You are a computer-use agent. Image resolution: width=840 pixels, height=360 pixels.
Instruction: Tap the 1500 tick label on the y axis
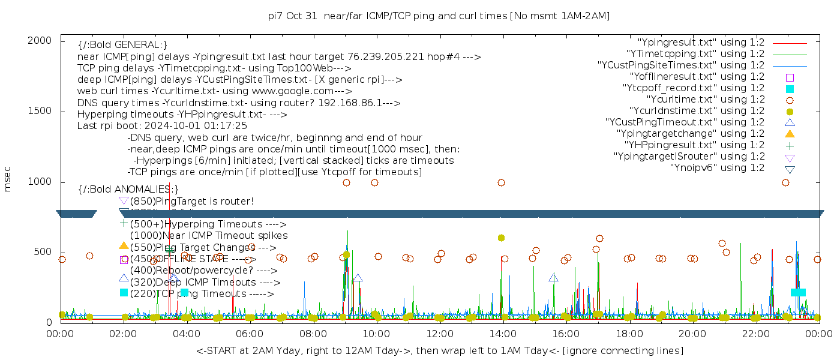click(x=41, y=111)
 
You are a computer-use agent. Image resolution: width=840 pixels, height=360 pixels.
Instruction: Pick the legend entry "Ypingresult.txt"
click(x=701, y=43)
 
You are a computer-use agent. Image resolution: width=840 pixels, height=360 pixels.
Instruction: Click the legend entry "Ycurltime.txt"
click(x=705, y=100)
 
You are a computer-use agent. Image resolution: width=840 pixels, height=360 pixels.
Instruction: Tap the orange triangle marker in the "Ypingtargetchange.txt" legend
click(x=790, y=134)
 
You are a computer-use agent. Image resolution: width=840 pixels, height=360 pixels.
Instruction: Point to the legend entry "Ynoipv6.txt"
click(x=717, y=168)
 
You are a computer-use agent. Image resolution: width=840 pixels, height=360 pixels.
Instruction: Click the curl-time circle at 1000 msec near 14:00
click(x=501, y=182)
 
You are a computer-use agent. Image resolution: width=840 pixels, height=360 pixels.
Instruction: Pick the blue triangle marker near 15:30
click(x=553, y=278)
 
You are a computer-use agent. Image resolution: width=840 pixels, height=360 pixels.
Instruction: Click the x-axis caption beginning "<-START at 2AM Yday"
click(x=439, y=350)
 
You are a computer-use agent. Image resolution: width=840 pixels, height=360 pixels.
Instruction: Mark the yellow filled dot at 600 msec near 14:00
click(x=501, y=238)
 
